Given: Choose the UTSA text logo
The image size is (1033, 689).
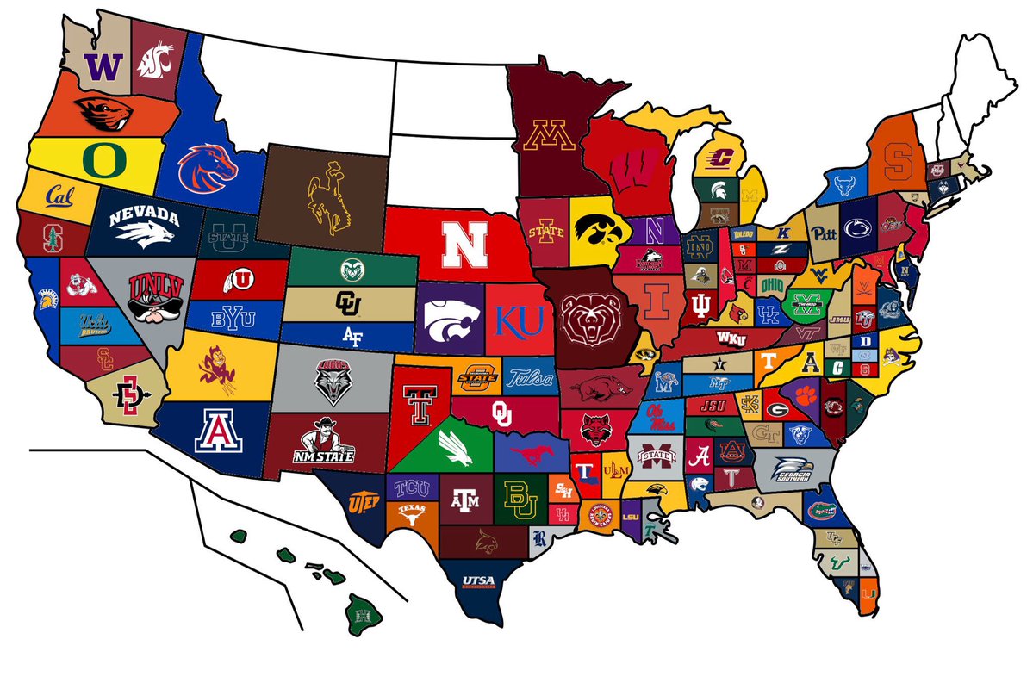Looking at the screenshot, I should point(478,580).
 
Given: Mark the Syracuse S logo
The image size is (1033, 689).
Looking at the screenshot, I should point(897,155).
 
